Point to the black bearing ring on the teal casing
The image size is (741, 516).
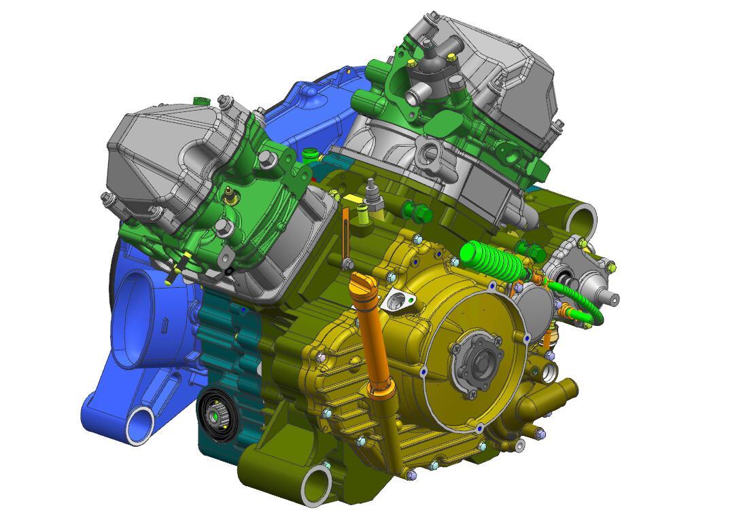point(217,416)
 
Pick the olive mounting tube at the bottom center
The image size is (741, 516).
point(316,485)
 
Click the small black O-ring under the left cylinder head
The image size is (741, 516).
point(229,271)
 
